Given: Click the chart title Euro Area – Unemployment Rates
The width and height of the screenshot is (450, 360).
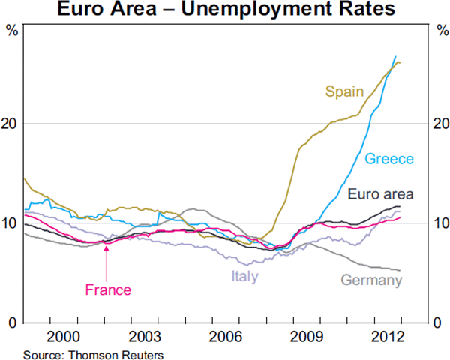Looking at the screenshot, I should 224,10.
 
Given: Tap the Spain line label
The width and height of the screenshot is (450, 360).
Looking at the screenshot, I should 344,92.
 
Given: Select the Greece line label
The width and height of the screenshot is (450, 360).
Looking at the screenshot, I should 389,159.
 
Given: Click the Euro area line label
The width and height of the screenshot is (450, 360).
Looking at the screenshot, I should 381,195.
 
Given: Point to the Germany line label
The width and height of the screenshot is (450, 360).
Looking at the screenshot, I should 371,280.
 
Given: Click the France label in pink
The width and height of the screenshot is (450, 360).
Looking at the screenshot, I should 108,290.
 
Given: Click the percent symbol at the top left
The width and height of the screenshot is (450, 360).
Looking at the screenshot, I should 11,31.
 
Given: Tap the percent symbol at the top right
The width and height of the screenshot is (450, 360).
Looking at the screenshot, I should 439,31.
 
